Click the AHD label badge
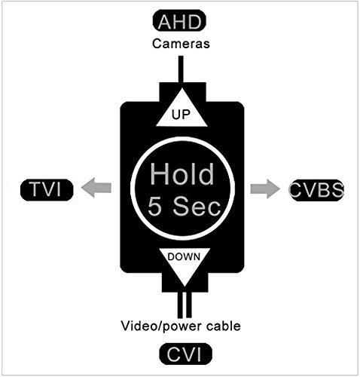181,22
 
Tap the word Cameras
181,44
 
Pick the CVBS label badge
316,189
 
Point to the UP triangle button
181,107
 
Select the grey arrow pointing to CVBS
264,188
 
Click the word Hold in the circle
182,173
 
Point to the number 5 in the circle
157,206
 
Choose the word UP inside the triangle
181,115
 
